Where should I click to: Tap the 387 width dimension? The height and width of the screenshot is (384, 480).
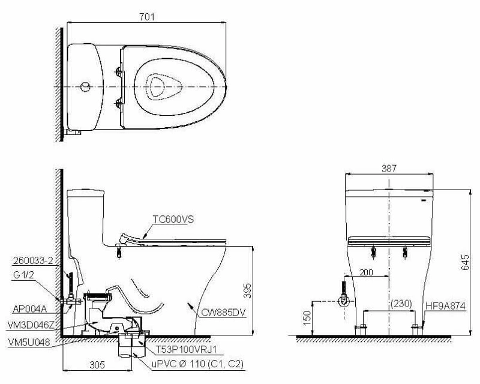(x=389, y=169)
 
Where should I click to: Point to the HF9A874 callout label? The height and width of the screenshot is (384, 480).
(x=445, y=304)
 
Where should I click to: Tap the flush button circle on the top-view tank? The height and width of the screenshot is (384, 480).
(x=85, y=88)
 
